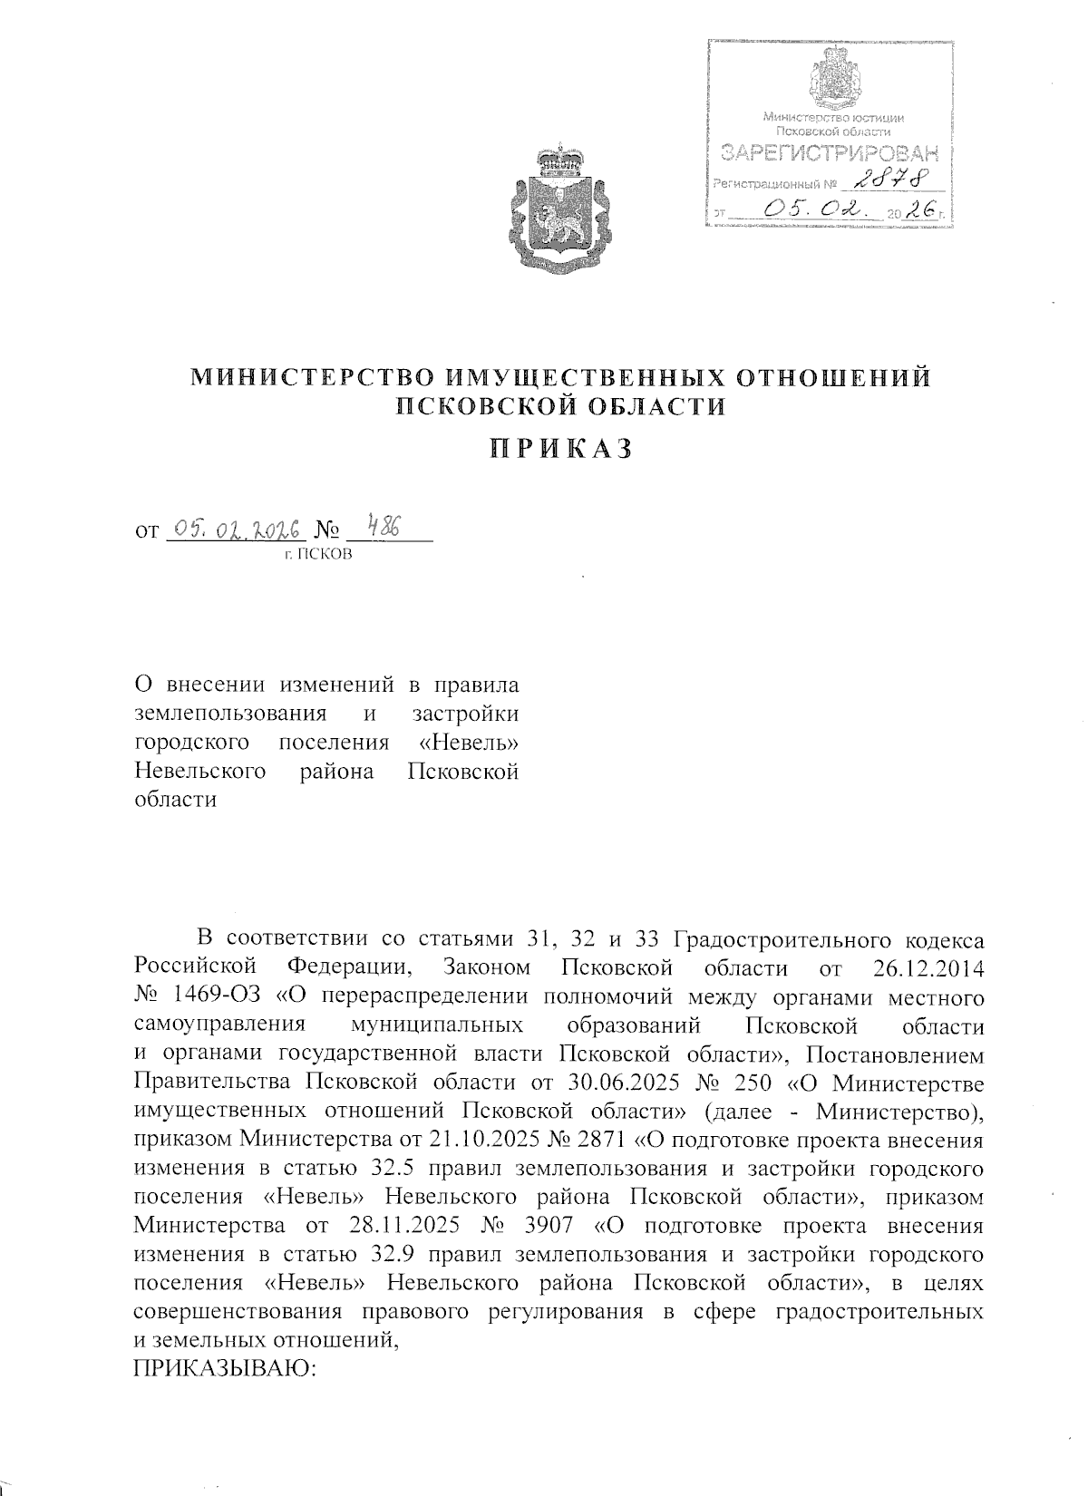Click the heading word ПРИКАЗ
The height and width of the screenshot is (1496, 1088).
click(x=559, y=449)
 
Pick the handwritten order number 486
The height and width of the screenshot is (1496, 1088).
click(x=385, y=526)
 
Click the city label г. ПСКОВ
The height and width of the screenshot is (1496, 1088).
click(x=317, y=553)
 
